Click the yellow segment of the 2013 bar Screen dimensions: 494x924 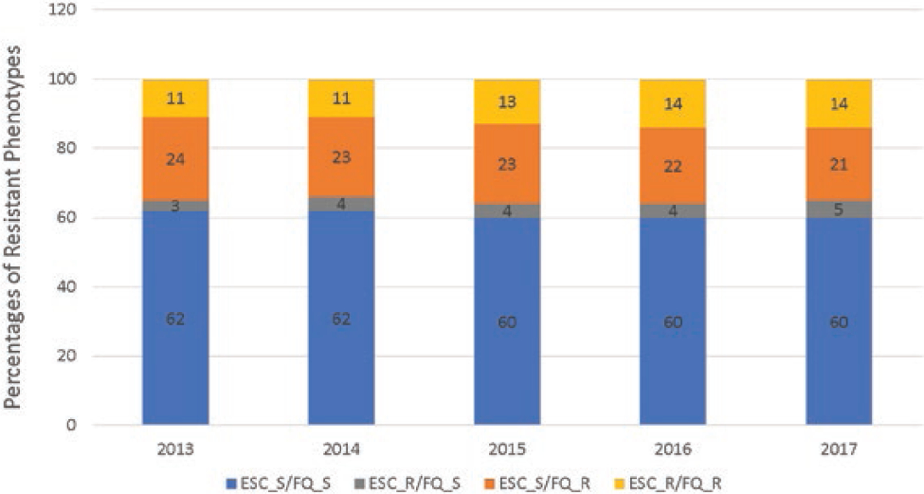(x=176, y=98)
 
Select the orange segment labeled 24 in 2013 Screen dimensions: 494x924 (x=176, y=159)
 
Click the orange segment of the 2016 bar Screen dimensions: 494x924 (x=672, y=166)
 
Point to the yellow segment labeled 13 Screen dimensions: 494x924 (x=507, y=102)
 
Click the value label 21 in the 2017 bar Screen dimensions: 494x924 (x=838, y=164)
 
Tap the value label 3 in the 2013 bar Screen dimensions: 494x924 (x=176, y=206)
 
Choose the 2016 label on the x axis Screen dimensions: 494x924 (x=672, y=449)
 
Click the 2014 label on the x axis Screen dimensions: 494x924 (x=341, y=449)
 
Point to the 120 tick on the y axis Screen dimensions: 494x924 (x=62, y=9)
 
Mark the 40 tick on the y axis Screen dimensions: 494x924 (x=66, y=287)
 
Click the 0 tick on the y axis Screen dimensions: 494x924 (x=71, y=425)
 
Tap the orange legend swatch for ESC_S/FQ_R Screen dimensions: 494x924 (x=490, y=483)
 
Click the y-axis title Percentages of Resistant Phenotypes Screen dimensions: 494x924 (x=13, y=226)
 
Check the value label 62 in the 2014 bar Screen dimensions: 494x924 (x=341, y=319)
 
